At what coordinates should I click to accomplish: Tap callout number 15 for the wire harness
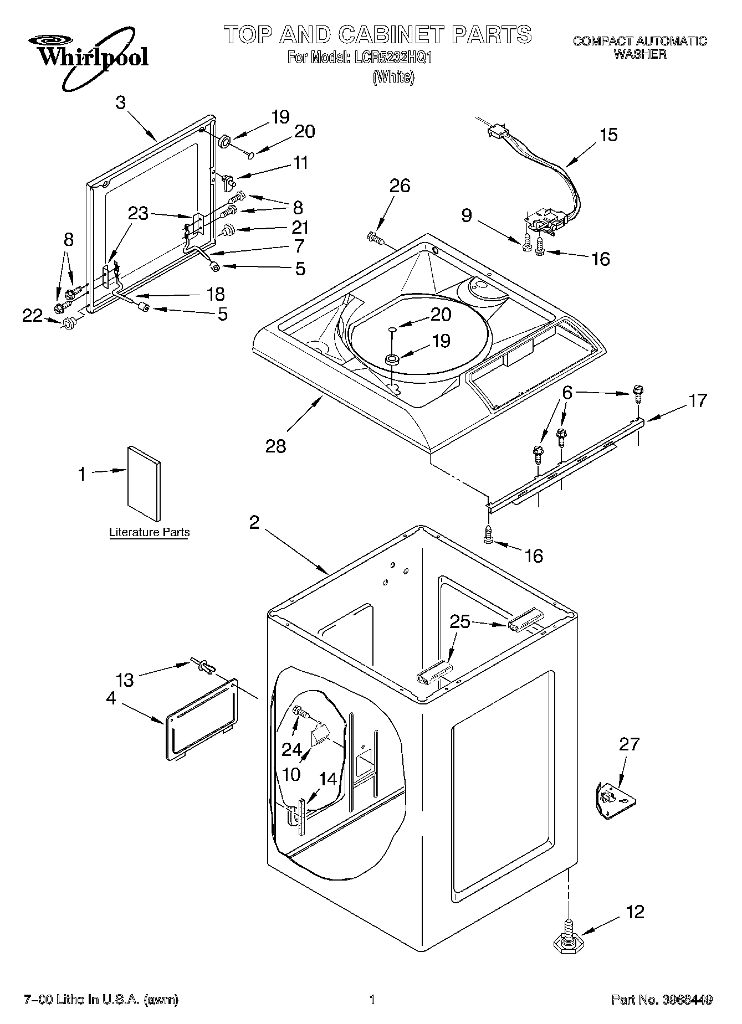pyautogui.click(x=608, y=135)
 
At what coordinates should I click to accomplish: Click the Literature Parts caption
pyautogui.click(x=149, y=532)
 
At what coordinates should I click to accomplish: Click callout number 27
pyautogui.click(x=630, y=744)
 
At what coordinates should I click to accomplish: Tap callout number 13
pyautogui.click(x=125, y=680)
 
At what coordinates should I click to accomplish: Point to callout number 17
pyautogui.click(x=698, y=400)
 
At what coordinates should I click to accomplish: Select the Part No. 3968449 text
pyautogui.click(x=661, y=1000)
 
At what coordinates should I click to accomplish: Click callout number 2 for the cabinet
pyautogui.click(x=254, y=522)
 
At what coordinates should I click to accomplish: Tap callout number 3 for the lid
pyautogui.click(x=120, y=102)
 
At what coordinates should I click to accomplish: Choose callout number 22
pyautogui.click(x=32, y=316)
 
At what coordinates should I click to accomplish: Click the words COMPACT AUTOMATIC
pyautogui.click(x=639, y=40)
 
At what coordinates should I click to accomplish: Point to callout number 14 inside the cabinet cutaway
pyautogui.click(x=328, y=779)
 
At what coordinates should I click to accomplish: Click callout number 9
pyautogui.click(x=467, y=215)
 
